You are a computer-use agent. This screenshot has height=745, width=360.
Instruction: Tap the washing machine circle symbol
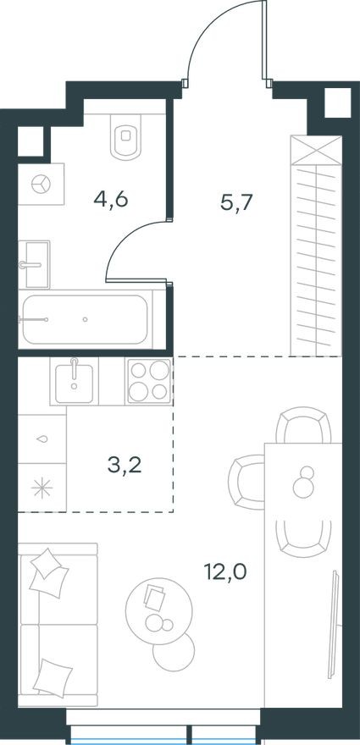coord(41,184)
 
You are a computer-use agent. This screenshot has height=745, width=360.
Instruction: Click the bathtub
coord(86,319)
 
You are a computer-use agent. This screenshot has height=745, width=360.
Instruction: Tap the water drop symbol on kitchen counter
coord(42,439)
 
